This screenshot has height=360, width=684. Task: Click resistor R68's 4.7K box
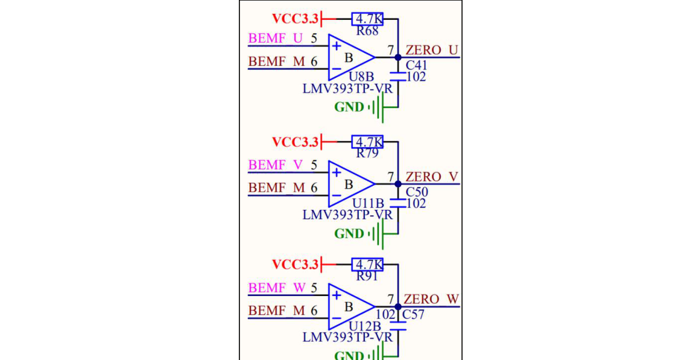[x=367, y=19]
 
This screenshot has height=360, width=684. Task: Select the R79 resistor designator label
[x=367, y=154]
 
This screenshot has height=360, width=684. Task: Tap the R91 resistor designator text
[x=367, y=276]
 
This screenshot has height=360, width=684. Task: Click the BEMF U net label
[x=275, y=39]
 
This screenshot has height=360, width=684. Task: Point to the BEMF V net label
[x=275, y=165]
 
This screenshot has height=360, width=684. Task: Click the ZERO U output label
[x=432, y=50]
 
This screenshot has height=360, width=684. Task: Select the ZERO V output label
[x=432, y=177]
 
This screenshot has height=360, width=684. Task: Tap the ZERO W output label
[x=431, y=299]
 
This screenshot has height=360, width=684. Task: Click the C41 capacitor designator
[x=417, y=66]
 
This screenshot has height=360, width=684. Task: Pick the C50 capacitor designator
[x=417, y=192]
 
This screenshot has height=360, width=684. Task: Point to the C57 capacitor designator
[x=413, y=315]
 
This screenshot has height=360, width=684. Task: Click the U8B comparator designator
[x=362, y=77]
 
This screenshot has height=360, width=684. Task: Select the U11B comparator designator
[x=368, y=203]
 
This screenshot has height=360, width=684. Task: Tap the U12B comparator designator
[x=365, y=326]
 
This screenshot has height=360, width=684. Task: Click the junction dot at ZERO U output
[x=398, y=57]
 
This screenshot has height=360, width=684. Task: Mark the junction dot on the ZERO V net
[x=398, y=184]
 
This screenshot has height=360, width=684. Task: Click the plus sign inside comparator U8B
[x=337, y=46]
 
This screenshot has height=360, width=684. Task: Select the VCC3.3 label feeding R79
[x=296, y=142]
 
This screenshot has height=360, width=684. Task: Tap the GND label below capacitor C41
[x=349, y=107]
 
